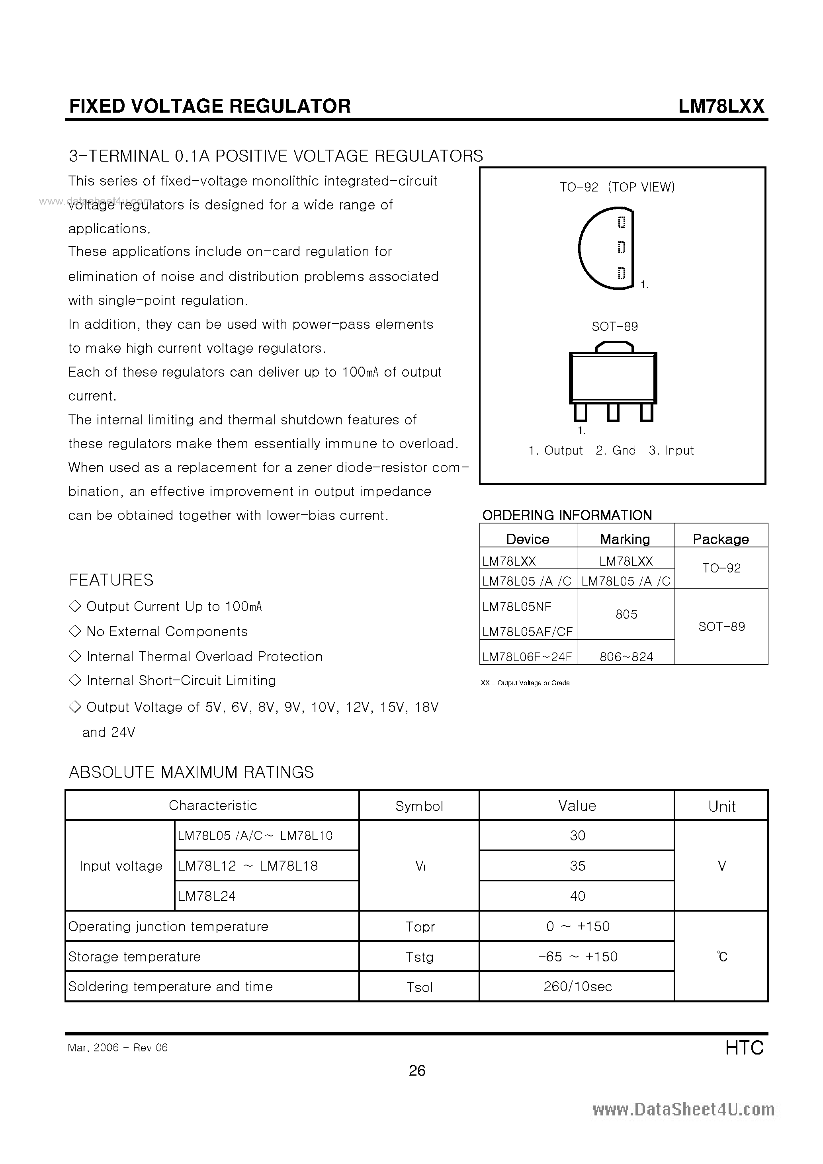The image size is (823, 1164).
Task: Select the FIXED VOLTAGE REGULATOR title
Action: pos(209,106)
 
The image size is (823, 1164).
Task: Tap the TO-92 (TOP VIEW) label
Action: pos(617,187)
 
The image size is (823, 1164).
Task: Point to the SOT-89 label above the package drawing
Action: pos(615,326)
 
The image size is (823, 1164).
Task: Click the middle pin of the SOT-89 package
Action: pos(613,412)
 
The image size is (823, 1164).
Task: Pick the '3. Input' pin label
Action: pos(671,451)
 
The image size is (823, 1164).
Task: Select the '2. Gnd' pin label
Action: pos(616,451)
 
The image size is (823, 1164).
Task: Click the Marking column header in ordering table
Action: pos(625,539)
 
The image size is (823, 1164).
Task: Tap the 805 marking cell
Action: pos(626,615)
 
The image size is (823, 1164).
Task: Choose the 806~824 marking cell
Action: pos(626,657)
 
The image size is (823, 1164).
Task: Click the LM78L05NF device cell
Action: pos(517,606)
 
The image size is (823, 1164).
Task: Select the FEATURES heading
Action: pos(111,580)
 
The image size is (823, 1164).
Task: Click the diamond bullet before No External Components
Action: pos(74,631)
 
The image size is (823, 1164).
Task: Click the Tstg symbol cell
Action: pos(419,957)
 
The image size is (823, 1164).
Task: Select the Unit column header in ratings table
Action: pos(721,807)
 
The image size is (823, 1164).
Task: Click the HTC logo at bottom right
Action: pos(744,1047)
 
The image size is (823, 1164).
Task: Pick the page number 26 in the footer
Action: pos(417,1070)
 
